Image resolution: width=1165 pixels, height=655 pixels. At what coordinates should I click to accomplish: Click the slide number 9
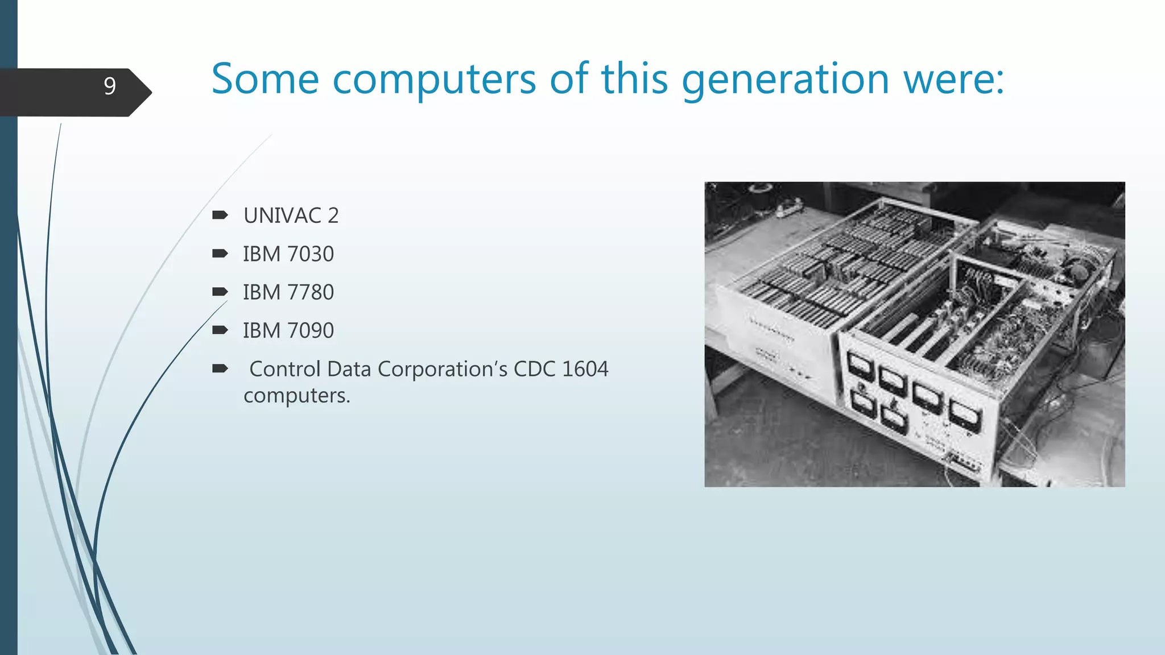[110, 86]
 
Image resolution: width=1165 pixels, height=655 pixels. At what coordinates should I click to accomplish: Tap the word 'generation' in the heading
[785, 80]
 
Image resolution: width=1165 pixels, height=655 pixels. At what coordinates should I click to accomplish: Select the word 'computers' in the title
[433, 80]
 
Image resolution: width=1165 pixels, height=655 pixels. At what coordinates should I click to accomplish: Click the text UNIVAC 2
[291, 215]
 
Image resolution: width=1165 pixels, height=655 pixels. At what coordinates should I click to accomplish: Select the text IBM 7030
[288, 254]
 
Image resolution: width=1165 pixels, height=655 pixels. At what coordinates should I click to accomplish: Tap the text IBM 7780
[288, 292]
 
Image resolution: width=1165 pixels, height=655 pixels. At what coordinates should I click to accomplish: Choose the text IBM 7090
[288, 330]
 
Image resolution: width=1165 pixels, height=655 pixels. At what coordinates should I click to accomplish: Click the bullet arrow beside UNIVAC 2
[220, 215]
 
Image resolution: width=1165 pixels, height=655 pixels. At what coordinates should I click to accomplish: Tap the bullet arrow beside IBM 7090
[220, 330]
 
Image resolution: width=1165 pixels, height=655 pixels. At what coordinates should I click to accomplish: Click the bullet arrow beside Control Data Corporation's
[220, 368]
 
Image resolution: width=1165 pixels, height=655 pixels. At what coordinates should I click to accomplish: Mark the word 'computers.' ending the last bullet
[296, 395]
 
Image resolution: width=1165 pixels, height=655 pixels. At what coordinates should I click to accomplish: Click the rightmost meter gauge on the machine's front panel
[966, 416]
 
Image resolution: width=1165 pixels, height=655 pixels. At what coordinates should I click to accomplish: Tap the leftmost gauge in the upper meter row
[860, 365]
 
